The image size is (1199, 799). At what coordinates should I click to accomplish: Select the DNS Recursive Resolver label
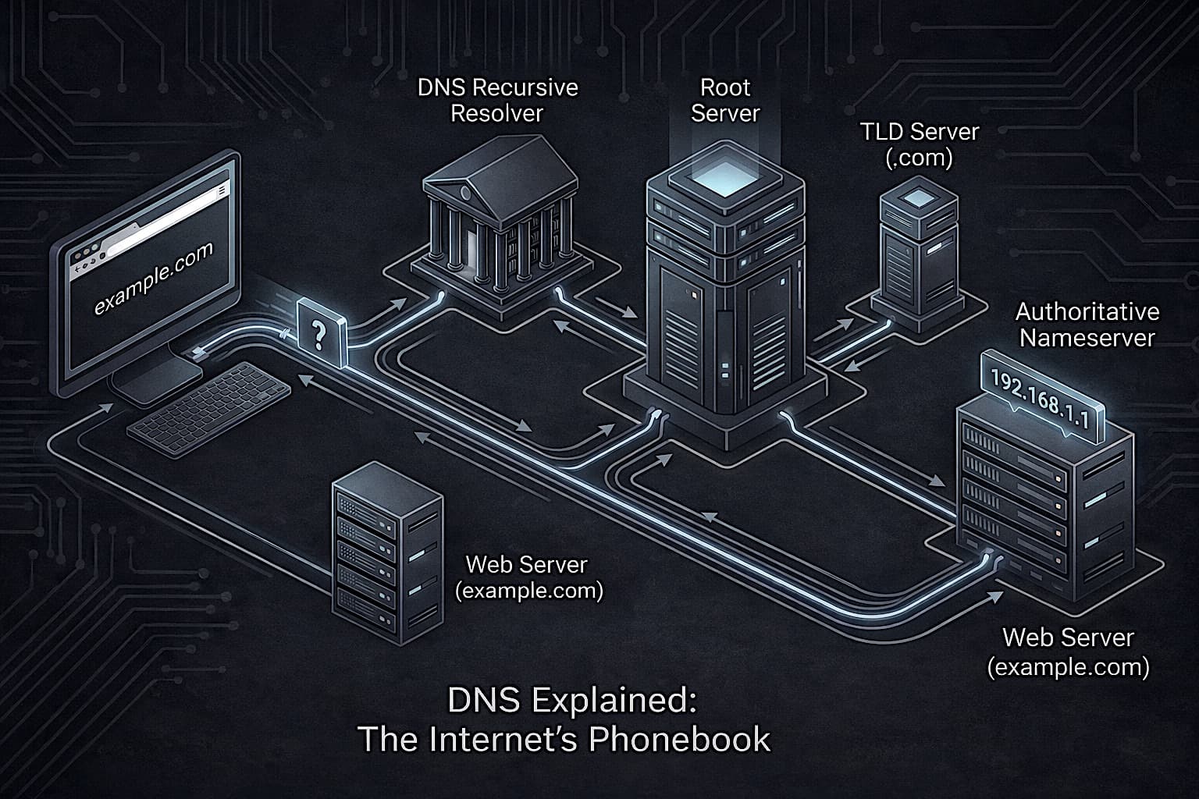[x=497, y=100]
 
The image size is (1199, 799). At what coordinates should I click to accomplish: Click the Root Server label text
[x=724, y=100]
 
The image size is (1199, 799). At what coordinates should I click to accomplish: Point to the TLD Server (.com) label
[x=920, y=144]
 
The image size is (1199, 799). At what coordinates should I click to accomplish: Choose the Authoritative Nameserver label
[x=1087, y=325]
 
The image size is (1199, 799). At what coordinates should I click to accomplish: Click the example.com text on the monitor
[x=154, y=279]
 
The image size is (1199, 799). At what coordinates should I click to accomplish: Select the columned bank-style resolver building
[x=500, y=226]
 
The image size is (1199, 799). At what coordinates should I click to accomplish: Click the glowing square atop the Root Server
[x=725, y=177]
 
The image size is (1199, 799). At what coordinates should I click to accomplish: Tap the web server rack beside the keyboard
[x=385, y=550]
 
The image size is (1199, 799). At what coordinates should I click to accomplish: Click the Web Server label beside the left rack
[x=528, y=577]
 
